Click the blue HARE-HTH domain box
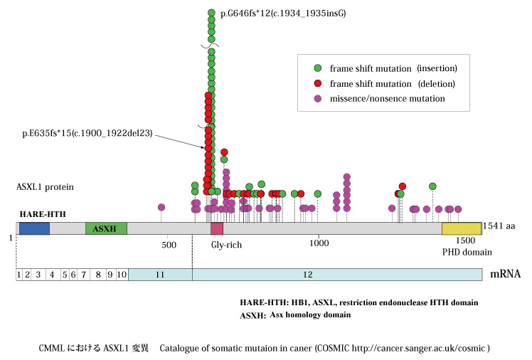point(33,228)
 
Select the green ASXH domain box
point(106,228)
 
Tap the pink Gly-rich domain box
point(217,228)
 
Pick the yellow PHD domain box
point(461,228)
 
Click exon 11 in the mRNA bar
point(160,275)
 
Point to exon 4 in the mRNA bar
point(51,275)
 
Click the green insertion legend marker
point(318,69)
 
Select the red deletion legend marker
point(318,83)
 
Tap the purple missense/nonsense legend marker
point(318,97)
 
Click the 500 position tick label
point(169,245)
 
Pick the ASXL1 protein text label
point(46,187)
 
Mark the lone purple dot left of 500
point(161,207)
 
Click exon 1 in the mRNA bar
point(19,275)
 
